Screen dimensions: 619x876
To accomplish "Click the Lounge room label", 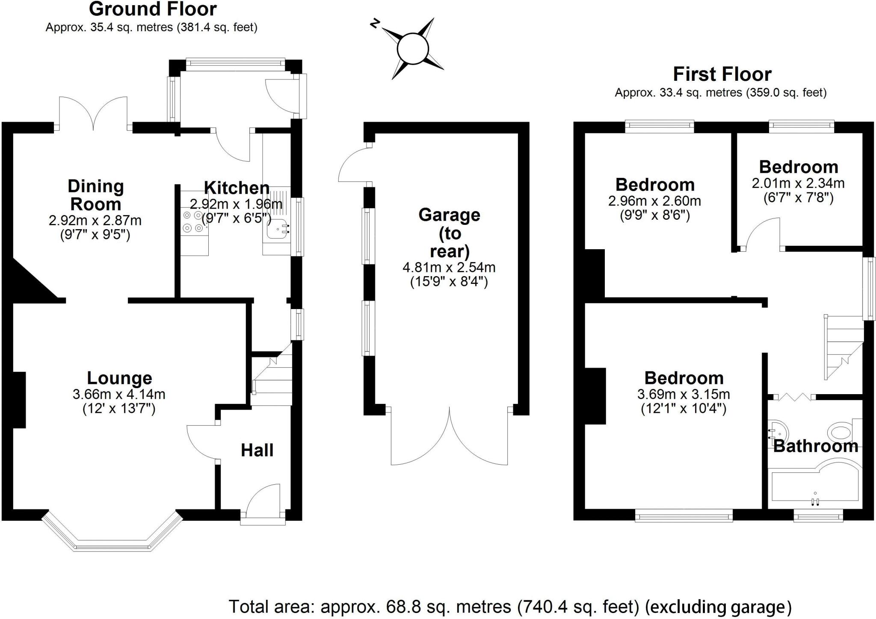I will pyautogui.click(x=119, y=378).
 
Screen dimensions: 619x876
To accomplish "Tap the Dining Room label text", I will pyautogui.click(x=96, y=195).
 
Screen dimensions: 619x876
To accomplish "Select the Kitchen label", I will pyautogui.click(x=237, y=188).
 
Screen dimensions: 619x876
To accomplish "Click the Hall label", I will pyautogui.click(x=257, y=450).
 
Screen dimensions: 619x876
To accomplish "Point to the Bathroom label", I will pyautogui.click(x=816, y=446).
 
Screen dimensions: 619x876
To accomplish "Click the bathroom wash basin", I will pyautogui.click(x=776, y=431).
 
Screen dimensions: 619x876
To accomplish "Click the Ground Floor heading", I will pyautogui.click(x=153, y=9).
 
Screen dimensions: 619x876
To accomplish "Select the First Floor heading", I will pyautogui.click(x=722, y=74).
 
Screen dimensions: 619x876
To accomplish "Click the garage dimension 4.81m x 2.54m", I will pyautogui.click(x=449, y=268).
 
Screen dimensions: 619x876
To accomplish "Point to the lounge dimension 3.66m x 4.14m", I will pyautogui.click(x=119, y=394).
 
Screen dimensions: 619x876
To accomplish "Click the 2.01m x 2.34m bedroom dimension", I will pyautogui.click(x=798, y=183).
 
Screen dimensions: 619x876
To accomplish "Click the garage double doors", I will pyautogui.click(x=449, y=440).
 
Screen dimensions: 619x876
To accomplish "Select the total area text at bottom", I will pyautogui.click(x=510, y=607).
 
